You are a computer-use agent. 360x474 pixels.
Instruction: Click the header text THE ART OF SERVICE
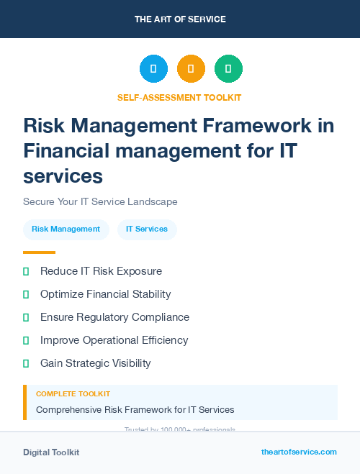tap(180, 19)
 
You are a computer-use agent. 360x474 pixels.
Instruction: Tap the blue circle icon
tap(153, 69)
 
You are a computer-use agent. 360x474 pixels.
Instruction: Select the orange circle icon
tap(191, 69)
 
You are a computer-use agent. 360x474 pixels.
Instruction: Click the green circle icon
tap(228, 69)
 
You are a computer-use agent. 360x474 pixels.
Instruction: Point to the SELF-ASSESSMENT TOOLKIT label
tap(179, 97)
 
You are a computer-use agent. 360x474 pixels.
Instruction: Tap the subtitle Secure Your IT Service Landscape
tap(100, 201)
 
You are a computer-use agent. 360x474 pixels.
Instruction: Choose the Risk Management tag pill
tap(66, 229)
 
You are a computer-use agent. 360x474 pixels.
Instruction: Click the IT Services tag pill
tap(147, 229)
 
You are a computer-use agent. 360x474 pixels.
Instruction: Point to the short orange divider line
tap(39, 252)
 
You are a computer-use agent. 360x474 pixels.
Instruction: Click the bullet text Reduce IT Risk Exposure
tap(101, 271)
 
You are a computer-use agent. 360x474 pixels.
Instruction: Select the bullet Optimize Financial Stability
tap(105, 294)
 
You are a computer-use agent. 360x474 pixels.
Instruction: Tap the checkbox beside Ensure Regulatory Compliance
tap(26, 317)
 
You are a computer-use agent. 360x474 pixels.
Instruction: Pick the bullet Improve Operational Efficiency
tap(114, 340)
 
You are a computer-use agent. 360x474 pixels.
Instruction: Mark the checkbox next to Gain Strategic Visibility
tap(26, 363)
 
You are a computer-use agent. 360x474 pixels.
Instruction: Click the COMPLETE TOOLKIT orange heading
tap(73, 394)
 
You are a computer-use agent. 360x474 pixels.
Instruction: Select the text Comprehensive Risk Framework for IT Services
tap(135, 410)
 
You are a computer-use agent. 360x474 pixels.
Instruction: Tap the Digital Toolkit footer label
tap(51, 452)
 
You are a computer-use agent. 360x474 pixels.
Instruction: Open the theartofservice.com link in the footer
tap(299, 452)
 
